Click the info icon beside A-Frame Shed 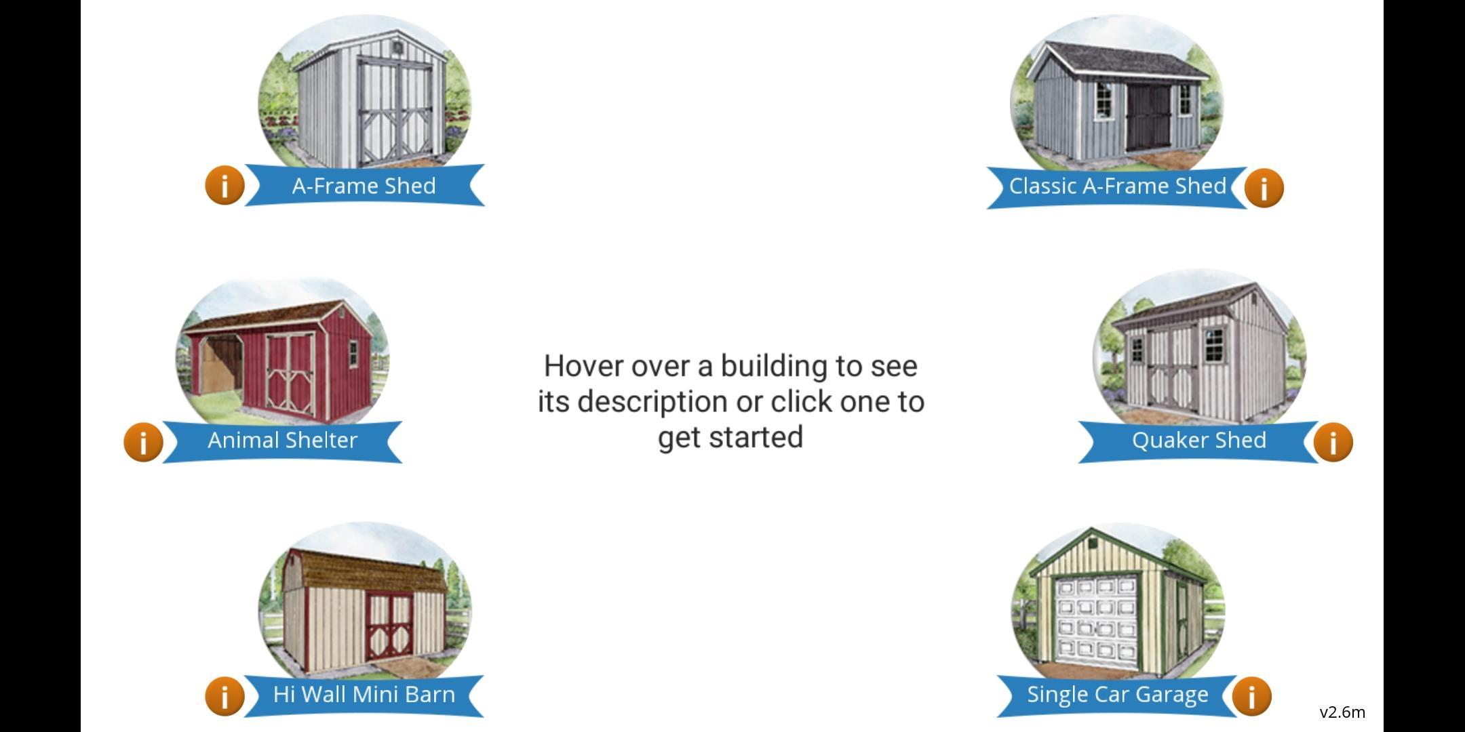(224, 185)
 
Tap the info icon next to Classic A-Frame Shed (1264, 187)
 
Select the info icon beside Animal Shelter (143, 442)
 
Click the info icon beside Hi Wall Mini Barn (224, 695)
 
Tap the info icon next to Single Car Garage (1251, 695)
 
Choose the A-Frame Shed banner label (364, 186)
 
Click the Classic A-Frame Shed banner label (1117, 186)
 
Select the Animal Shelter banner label (282, 441)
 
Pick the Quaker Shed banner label (1198, 441)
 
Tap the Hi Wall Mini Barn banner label (364, 695)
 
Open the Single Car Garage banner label (1117, 695)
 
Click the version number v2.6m (1342, 712)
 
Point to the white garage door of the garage (1097, 619)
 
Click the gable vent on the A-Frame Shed (397, 48)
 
